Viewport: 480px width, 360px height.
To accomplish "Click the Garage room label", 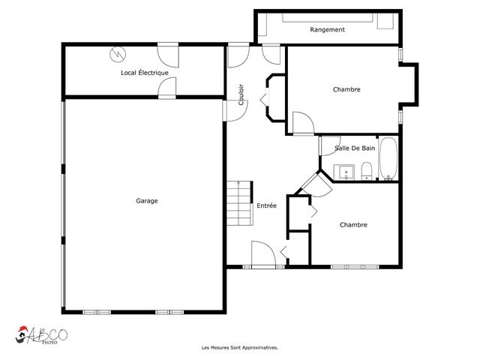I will pyautogui.click(x=146, y=200).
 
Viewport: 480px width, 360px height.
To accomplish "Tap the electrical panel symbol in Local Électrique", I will pyautogui.click(x=118, y=54).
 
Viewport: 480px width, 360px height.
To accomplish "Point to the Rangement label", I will pyautogui.click(x=327, y=30).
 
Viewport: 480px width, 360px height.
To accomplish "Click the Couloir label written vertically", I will pyautogui.click(x=241, y=94).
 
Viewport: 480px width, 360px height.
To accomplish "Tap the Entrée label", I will pyautogui.click(x=266, y=205).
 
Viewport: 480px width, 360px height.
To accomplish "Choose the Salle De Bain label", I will pyautogui.click(x=355, y=148).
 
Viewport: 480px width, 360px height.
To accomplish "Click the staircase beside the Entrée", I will pyautogui.click(x=239, y=202).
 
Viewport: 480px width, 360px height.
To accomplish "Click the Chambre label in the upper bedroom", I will pyautogui.click(x=346, y=89).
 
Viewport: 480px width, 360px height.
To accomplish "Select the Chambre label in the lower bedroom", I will pyautogui.click(x=353, y=224).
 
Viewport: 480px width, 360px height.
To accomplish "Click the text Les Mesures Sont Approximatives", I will pyautogui.click(x=240, y=347).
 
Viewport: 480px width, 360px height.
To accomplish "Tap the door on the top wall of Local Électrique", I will pyautogui.click(x=167, y=54).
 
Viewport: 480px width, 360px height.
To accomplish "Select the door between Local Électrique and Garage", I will pyautogui.click(x=167, y=88).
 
